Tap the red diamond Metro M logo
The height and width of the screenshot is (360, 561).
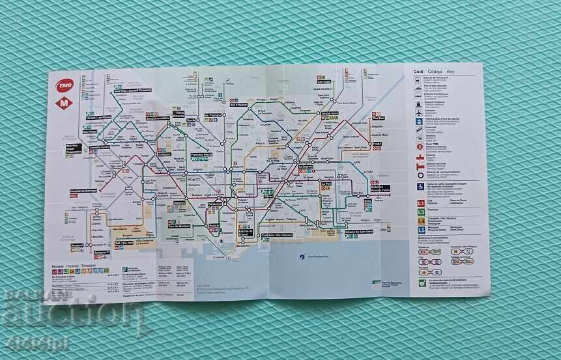click(65, 102)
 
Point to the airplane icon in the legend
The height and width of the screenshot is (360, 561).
click(418, 111)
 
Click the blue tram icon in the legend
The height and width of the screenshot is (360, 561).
click(418, 125)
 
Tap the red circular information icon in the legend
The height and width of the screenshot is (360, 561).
click(418, 148)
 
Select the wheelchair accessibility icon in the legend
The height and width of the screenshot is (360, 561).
click(419, 186)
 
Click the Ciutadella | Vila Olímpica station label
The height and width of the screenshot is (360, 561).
click(276, 235)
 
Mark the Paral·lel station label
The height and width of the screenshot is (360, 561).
click(214, 225)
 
